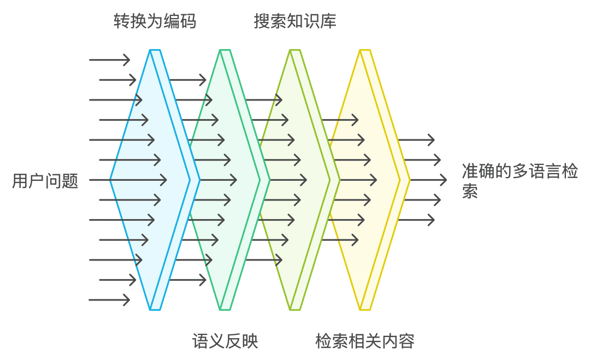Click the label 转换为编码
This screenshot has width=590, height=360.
tap(155, 21)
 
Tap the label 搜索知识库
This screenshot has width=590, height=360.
tap(295, 21)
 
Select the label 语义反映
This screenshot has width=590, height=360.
tap(225, 341)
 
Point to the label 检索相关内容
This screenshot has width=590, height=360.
tap(364, 341)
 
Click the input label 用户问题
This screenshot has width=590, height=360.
tap(45, 180)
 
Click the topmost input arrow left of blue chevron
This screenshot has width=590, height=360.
tap(109, 60)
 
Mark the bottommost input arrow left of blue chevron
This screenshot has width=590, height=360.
tap(109, 299)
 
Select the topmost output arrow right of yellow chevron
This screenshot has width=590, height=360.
tap(416, 140)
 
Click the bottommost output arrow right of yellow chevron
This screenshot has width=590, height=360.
tap(416, 220)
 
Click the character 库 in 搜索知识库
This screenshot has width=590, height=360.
tap(329, 21)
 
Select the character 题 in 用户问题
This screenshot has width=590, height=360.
tap(70, 180)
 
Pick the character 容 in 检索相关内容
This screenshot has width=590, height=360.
tap(406, 341)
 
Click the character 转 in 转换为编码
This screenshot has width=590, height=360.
tap(121, 21)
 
